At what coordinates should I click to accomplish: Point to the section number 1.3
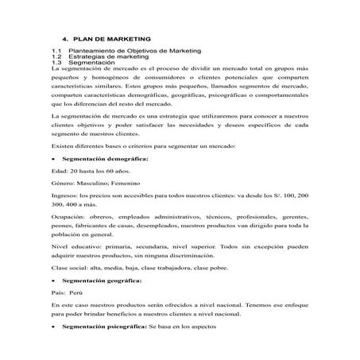coord(56,64)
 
